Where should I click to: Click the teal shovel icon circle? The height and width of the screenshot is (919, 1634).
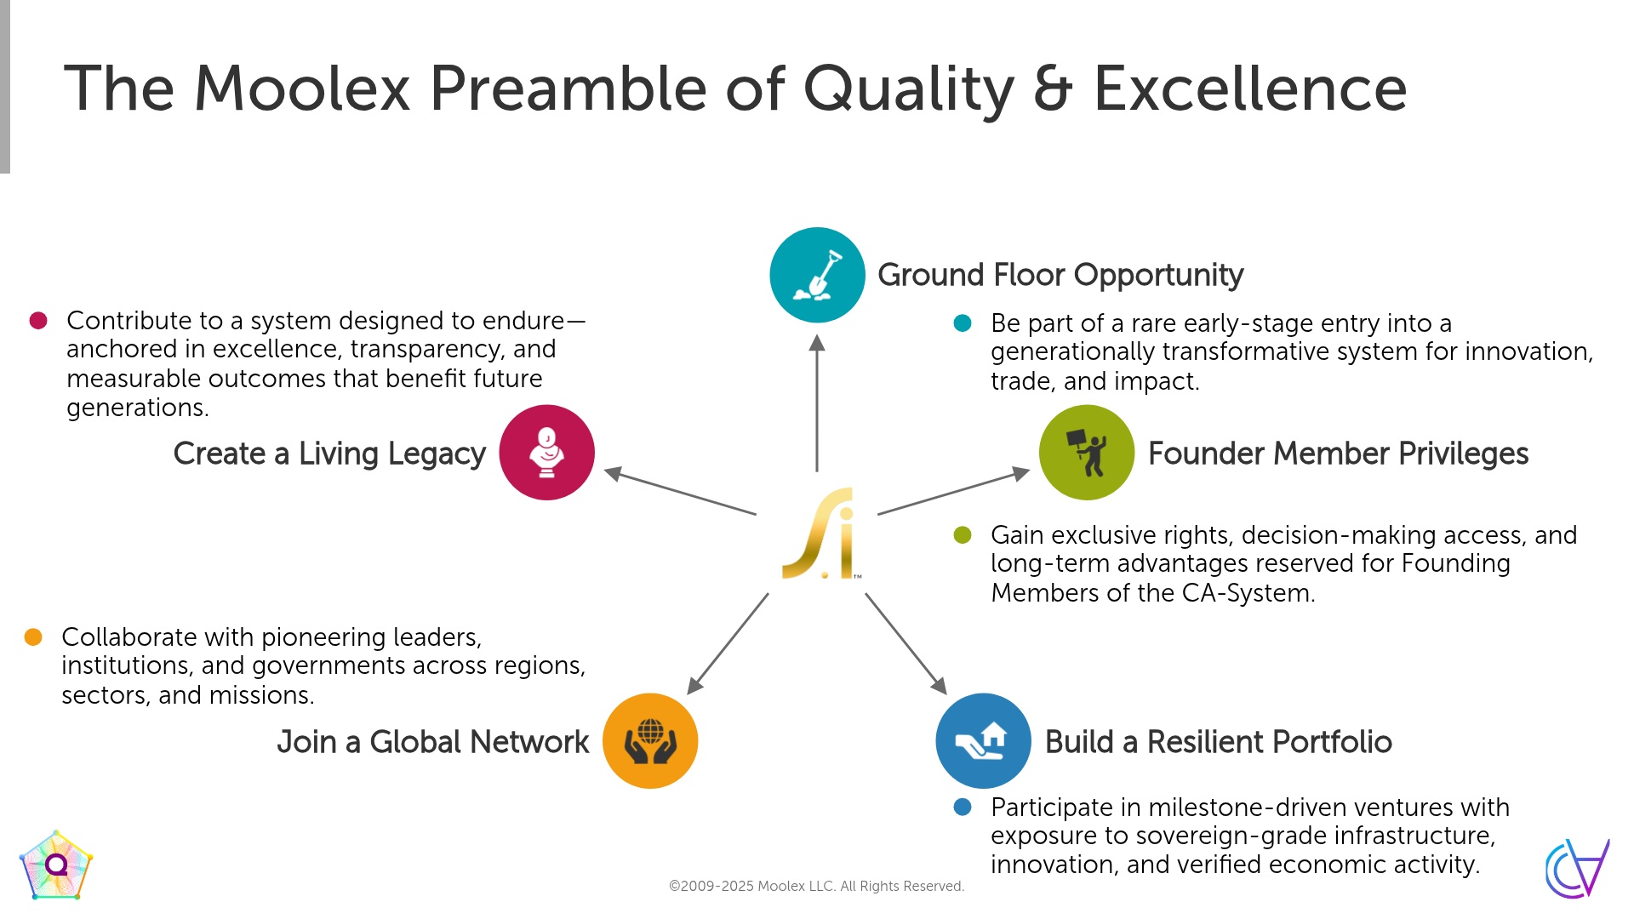click(x=817, y=275)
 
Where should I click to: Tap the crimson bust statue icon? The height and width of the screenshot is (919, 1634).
click(x=546, y=453)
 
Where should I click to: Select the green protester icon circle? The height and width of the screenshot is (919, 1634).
click(x=1087, y=453)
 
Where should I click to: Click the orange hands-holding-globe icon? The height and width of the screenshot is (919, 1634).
click(x=650, y=741)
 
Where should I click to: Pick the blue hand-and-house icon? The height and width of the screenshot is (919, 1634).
click(x=983, y=741)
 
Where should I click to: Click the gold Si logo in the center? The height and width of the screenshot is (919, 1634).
click(x=820, y=534)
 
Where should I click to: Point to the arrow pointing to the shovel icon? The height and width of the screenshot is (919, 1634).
click(x=817, y=402)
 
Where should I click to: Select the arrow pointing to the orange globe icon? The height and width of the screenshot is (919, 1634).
click(x=728, y=644)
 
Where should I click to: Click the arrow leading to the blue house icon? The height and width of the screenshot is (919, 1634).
click(x=906, y=644)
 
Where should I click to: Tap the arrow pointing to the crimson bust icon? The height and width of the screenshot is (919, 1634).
click(x=680, y=491)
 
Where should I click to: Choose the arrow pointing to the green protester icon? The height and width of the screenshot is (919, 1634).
click(x=954, y=491)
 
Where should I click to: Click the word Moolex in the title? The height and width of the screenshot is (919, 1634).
click(x=302, y=88)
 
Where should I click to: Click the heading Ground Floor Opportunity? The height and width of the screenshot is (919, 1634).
click(x=1060, y=275)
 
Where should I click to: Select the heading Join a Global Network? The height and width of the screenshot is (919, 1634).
click(x=432, y=742)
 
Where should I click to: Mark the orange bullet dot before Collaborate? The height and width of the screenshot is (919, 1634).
click(x=33, y=637)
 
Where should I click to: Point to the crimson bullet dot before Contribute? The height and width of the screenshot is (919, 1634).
click(x=38, y=321)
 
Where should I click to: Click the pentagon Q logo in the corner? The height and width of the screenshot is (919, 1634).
click(x=56, y=865)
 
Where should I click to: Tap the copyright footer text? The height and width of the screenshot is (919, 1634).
click(x=816, y=886)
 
